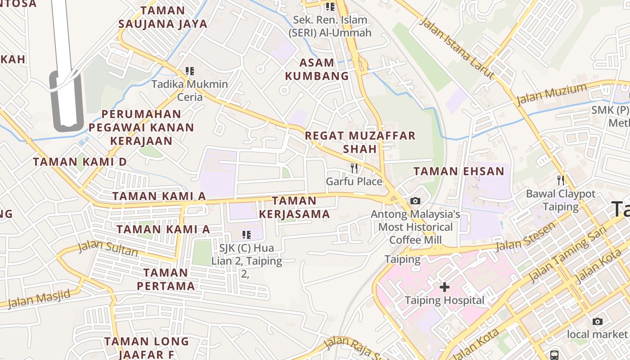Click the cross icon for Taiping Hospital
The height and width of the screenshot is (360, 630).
445,287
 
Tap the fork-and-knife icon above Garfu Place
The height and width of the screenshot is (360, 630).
355,168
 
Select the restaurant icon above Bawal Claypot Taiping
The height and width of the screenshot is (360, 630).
560,180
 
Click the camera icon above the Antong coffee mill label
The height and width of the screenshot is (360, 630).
415,201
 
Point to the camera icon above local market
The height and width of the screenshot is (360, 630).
597,321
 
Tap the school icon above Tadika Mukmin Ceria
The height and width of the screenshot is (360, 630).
189,71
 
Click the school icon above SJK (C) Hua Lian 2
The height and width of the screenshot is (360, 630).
246,234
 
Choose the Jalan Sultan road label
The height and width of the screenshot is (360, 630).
108,248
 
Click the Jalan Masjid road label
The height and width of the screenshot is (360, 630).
39,299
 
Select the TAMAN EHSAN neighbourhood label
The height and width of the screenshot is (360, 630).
459,171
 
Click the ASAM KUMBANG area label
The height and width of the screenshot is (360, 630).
317,69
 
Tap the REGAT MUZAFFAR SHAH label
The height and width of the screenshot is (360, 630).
360,142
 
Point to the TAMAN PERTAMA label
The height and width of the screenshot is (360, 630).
166,279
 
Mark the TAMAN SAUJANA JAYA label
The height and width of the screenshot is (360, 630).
162,17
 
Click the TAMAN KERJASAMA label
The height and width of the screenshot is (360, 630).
294,207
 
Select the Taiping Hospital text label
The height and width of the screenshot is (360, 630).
445,300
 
